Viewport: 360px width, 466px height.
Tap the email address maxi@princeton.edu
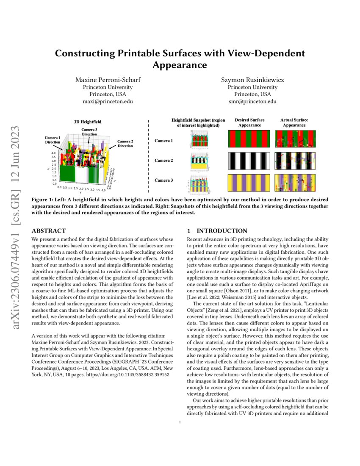108,102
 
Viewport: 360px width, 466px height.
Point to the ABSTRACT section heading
49,231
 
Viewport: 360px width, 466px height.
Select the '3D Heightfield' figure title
88,122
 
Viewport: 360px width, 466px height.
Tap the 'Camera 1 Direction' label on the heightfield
53,140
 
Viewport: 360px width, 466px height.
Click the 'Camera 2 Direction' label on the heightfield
125,143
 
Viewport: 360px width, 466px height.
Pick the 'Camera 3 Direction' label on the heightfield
89,132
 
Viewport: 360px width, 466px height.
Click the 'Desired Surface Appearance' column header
249,122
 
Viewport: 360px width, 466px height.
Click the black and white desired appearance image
249,161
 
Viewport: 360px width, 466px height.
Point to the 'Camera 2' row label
163,161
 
